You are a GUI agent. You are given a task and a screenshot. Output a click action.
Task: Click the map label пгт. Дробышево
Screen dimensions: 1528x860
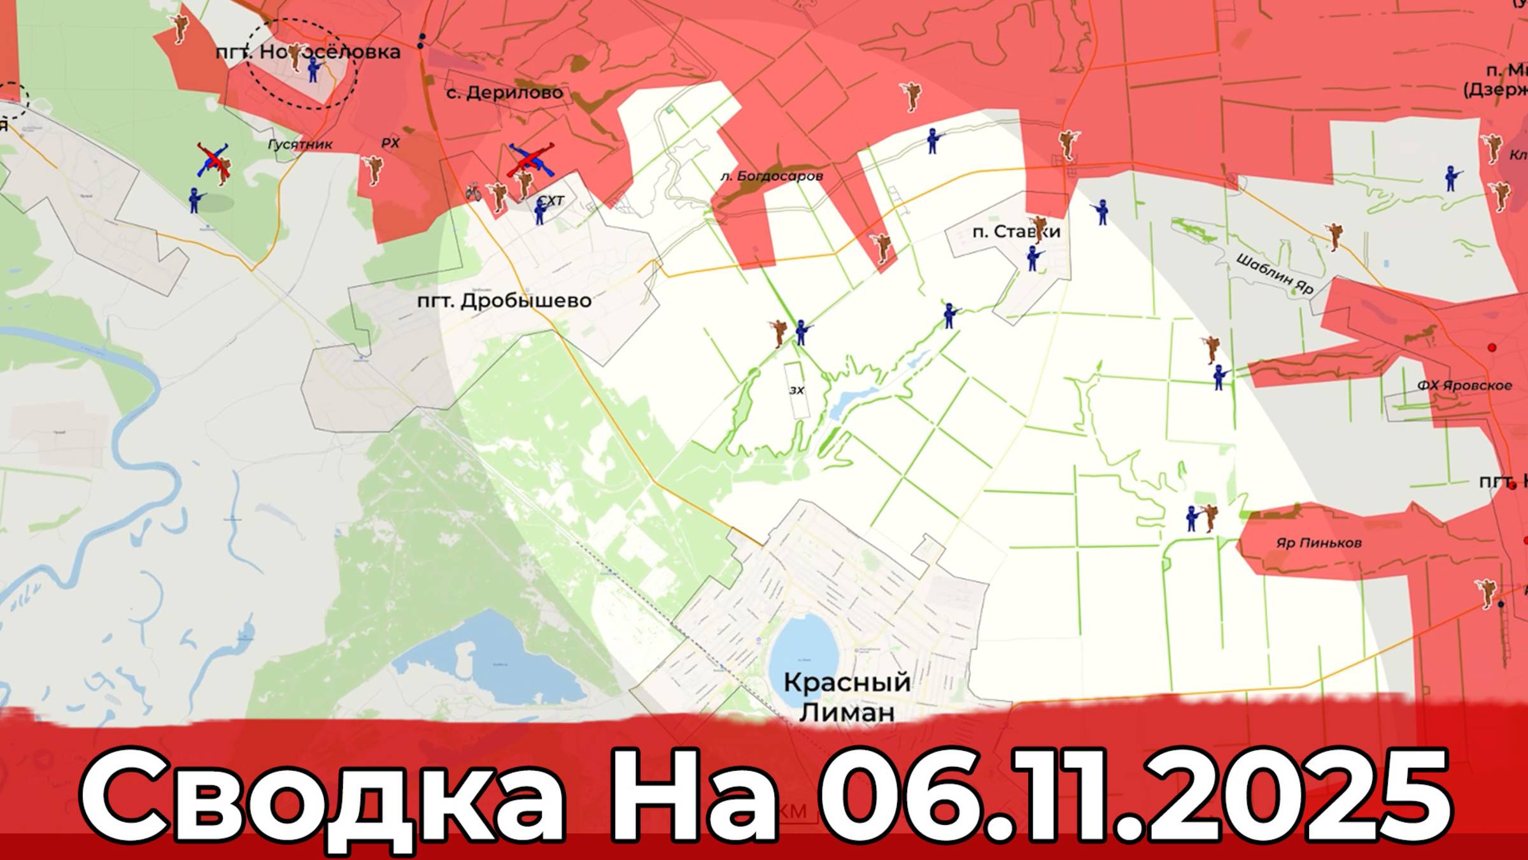click(504, 301)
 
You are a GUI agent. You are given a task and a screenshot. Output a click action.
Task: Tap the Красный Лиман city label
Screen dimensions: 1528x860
click(846, 697)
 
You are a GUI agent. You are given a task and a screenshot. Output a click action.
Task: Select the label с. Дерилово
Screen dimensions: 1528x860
click(504, 93)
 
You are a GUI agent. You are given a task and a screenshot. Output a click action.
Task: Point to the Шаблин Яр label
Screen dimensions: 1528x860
click(1275, 274)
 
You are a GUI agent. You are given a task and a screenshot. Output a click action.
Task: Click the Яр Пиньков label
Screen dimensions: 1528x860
click(1319, 543)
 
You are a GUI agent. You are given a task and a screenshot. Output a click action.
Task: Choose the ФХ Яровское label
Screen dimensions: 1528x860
click(1464, 385)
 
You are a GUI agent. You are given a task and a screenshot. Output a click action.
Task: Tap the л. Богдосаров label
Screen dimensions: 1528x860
click(771, 176)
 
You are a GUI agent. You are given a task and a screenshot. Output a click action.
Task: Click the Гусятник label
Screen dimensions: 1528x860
click(300, 145)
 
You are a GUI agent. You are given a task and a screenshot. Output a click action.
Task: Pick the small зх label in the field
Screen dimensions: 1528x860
click(796, 390)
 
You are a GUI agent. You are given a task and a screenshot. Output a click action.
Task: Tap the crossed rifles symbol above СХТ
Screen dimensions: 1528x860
click(530, 161)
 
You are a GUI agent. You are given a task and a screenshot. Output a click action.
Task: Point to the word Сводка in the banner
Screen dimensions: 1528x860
click(322, 796)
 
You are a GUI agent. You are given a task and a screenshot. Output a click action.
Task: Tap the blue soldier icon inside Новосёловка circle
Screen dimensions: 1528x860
click(313, 69)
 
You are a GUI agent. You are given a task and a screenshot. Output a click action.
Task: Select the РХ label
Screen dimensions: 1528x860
click(390, 143)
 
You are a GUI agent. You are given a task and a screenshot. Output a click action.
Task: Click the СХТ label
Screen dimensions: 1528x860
click(551, 201)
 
